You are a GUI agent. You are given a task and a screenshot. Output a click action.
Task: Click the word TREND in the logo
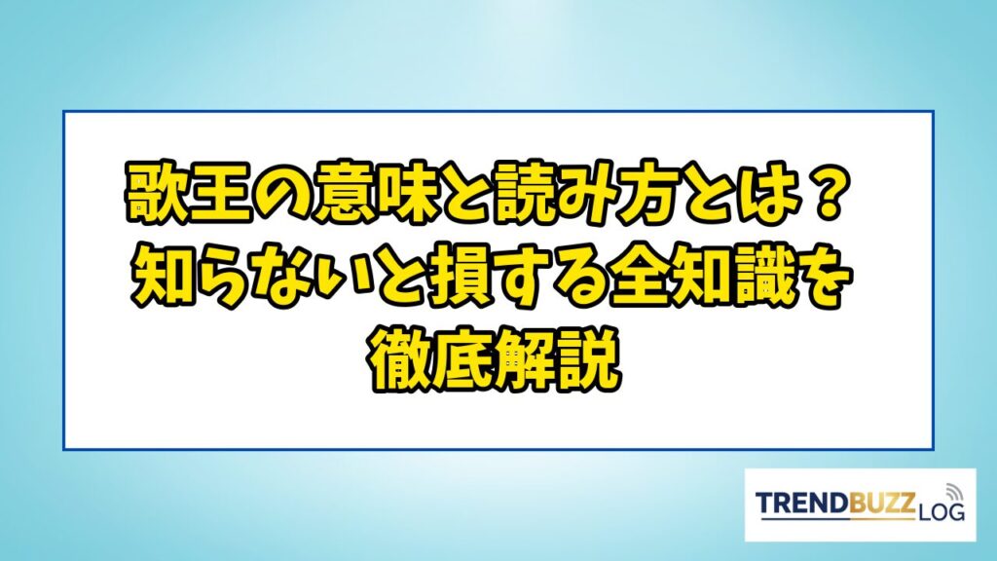tap(801, 503)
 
